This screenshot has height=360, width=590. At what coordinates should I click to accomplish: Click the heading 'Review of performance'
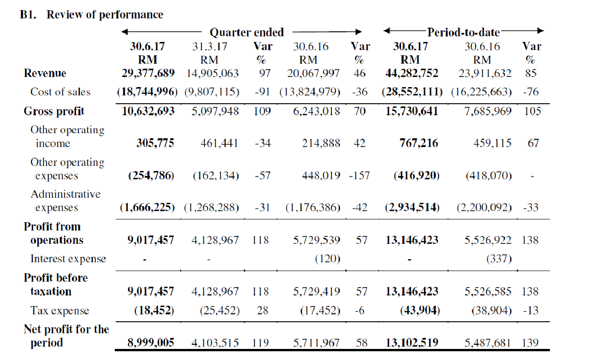click(105, 15)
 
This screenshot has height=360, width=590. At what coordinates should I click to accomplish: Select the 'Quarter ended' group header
click(247, 32)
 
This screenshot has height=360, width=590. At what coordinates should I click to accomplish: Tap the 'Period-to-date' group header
click(463, 32)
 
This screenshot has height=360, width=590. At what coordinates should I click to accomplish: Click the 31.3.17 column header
click(210, 47)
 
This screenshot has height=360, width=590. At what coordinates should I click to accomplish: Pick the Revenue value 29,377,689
click(148, 73)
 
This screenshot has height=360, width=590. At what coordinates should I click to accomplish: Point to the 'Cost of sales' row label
click(60, 92)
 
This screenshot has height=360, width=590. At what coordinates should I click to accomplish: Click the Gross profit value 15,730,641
click(412, 111)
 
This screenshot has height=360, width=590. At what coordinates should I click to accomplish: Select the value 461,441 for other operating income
click(219, 143)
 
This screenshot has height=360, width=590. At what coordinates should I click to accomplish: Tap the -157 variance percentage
click(360, 176)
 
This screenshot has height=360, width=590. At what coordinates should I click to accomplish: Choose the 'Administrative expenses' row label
click(65, 201)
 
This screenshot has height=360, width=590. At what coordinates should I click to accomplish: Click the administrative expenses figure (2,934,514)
click(412, 207)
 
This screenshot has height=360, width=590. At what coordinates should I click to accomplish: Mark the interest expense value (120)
click(328, 259)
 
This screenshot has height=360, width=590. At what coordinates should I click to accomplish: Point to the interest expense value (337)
click(499, 259)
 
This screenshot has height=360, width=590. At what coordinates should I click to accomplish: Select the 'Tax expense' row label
click(60, 311)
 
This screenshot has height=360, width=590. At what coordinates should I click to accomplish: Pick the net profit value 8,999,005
click(151, 342)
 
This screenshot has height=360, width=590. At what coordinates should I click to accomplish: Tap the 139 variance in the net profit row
click(530, 342)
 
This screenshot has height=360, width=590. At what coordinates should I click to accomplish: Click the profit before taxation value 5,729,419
click(317, 291)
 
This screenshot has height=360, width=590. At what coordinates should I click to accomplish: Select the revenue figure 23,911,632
click(485, 73)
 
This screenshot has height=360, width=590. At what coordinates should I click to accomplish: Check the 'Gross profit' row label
click(54, 112)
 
